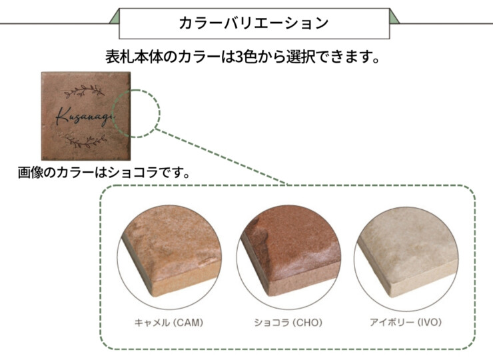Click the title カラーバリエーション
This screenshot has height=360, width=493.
254,23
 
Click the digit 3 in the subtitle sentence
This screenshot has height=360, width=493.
239,57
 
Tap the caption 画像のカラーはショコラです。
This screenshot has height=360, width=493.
104,173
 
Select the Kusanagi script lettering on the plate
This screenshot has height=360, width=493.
85,117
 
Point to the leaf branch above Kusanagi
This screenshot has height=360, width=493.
84,91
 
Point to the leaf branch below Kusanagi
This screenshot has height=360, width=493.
86,141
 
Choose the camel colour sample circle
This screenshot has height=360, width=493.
170,257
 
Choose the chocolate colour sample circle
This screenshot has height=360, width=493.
288,257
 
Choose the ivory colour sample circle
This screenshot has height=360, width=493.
406,257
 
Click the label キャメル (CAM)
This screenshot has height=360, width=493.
169,323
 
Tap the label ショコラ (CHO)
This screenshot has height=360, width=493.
288,323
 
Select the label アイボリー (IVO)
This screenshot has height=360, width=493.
406,322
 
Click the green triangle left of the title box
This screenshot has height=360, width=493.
116,18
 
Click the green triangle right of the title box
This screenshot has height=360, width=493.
394,18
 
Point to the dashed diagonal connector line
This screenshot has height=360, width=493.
221,156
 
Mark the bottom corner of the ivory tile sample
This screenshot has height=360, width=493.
390,297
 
